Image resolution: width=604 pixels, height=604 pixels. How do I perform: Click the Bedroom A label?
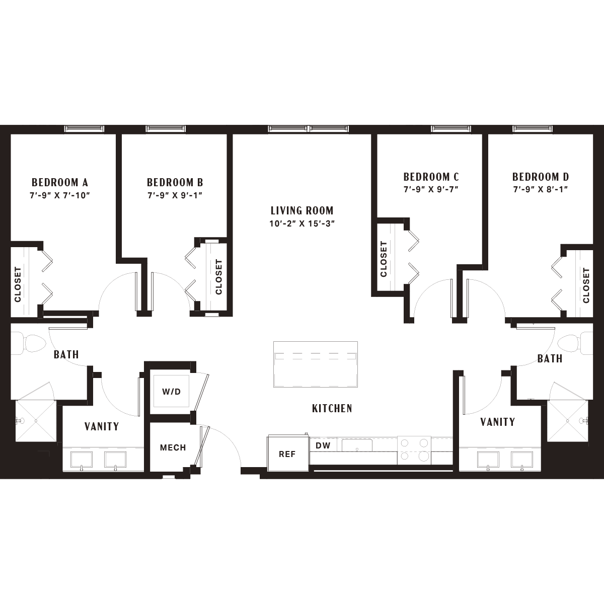(59, 182)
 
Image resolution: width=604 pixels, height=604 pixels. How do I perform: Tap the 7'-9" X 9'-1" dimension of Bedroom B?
(175, 195)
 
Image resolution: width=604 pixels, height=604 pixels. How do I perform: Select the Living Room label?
(302, 210)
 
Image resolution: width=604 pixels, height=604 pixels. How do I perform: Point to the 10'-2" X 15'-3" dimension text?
(302, 224)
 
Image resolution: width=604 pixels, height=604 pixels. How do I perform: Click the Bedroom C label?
(431, 177)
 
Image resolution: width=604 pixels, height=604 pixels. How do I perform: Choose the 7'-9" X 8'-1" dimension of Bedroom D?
(541, 190)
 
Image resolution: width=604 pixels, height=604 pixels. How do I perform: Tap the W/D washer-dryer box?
(171, 391)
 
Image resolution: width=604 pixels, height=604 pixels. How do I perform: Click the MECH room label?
(173, 447)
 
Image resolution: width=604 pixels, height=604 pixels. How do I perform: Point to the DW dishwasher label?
(323, 445)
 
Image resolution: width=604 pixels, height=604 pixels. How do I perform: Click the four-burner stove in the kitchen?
(414, 450)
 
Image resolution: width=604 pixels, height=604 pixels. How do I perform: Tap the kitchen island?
(315, 364)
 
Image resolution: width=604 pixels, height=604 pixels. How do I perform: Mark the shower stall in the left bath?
(35, 421)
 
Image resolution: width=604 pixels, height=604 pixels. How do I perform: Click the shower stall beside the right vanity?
(568, 421)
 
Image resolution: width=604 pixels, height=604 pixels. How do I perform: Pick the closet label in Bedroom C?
(384, 259)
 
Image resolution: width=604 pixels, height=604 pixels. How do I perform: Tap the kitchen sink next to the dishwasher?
(357, 445)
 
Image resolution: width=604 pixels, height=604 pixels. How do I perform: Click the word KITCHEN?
(332, 408)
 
